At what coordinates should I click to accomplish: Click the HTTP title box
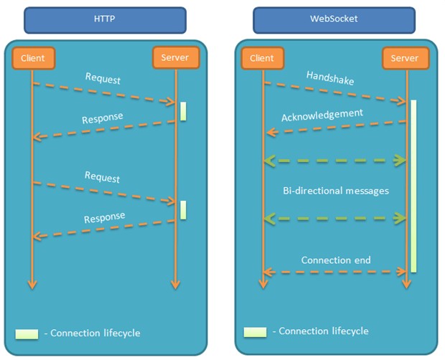tap(105, 20)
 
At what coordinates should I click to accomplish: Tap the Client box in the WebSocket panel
tap(263, 58)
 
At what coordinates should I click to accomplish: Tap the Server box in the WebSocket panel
tap(404, 58)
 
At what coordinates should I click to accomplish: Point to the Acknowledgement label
tap(322, 115)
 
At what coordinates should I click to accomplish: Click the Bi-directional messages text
tap(336, 191)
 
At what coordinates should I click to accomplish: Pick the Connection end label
tap(336, 260)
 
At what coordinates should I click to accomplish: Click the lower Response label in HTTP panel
tap(104, 217)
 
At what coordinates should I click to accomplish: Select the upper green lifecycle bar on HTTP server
tap(183, 111)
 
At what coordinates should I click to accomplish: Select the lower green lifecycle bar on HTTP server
tap(183, 209)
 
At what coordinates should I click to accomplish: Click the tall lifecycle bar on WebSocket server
tap(413, 186)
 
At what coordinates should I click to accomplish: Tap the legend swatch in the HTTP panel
tap(27, 333)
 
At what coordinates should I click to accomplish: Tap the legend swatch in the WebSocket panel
tap(254, 331)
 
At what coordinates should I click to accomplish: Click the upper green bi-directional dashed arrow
tap(336, 161)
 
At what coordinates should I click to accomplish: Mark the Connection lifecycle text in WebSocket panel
tap(323, 331)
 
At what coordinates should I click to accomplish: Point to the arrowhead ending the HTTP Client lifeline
tap(32, 284)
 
